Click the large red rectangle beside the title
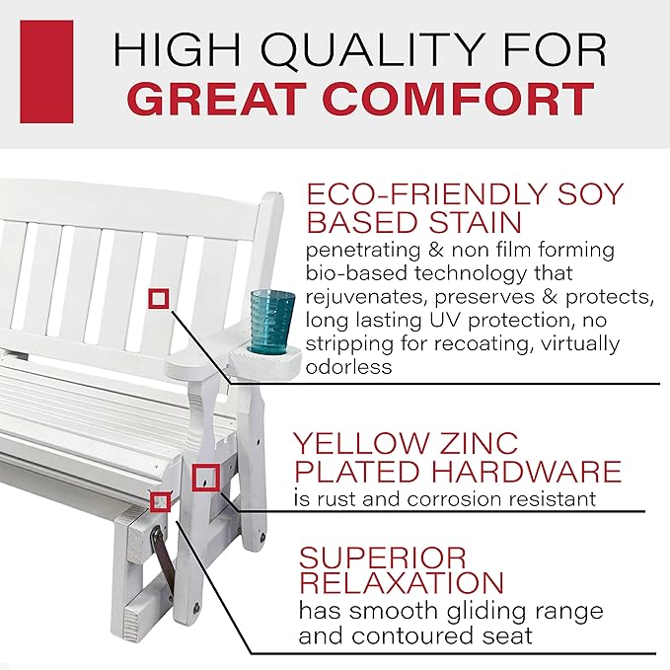pos(46,71)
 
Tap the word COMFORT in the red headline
pos(459,99)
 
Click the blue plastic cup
pos(271,321)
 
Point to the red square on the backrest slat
pos(159,298)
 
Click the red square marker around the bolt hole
pos(205,478)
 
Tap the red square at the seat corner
pos(160,501)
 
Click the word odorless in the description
pos(348,367)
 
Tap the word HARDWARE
pos(526,471)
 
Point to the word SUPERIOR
pos(383,558)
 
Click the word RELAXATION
pos(402,582)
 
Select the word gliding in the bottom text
pos(483,612)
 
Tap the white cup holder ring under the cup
pos(265,360)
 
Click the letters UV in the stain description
pos(446,320)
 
